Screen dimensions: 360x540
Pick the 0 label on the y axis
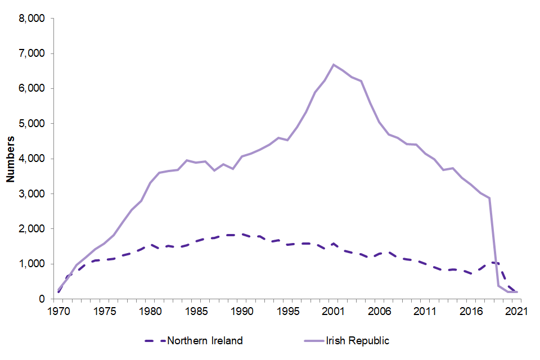pos(42,299)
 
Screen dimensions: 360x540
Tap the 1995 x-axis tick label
pos(288,310)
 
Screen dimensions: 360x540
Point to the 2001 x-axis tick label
pos(334,310)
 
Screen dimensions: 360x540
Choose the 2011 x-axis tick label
pos(426,310)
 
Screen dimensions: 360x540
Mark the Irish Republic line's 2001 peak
pos(334,64)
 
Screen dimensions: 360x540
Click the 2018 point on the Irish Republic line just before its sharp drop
pos(489,197)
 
